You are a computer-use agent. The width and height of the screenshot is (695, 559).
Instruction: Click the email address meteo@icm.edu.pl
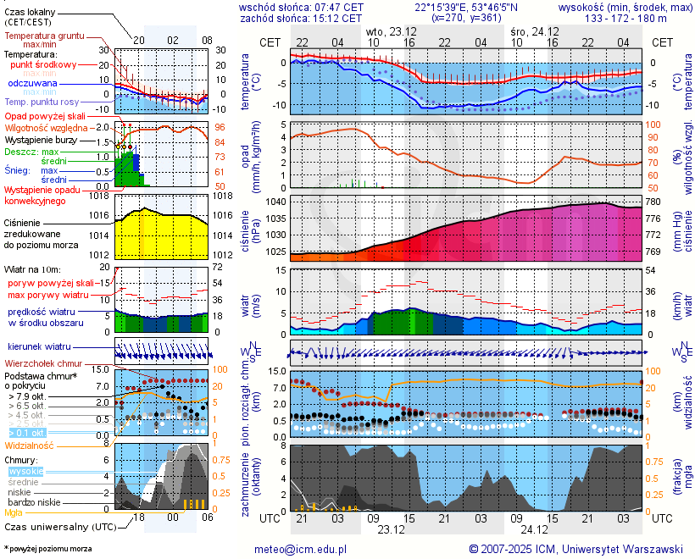(301, 549)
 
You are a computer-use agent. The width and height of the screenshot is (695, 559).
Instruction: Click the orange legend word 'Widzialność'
(30, 445)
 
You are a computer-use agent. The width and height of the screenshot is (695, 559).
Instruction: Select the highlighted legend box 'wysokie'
(25, 471)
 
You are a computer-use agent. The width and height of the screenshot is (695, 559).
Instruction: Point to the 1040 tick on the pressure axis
(276, 202)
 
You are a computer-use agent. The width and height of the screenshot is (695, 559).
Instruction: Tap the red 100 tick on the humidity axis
(653, 125)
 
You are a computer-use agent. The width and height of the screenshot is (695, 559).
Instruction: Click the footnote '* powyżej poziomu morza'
(47, 549)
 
